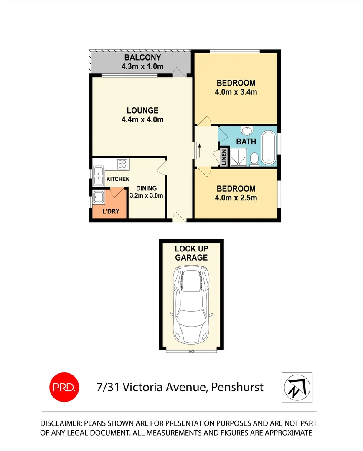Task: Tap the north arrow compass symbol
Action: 297,386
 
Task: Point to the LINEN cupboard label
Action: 223,157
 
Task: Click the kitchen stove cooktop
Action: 122,164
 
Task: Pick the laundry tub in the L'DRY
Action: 99,197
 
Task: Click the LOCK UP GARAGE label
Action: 191,253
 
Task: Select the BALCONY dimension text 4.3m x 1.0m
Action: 142,66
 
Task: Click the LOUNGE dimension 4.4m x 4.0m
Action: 142,120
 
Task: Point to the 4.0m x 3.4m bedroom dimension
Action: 236,92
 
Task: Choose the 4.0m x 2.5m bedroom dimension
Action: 236,198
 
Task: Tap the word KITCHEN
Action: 118,179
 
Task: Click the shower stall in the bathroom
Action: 238,157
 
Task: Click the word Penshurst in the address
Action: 237,387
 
